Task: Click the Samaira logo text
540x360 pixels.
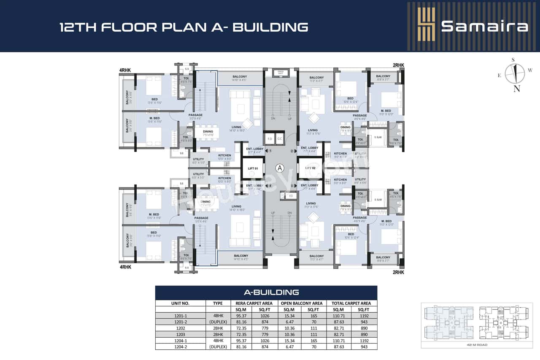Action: (x=484, y=26)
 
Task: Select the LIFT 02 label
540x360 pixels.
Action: (x=310, y=168)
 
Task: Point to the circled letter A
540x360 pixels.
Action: (x=279, y=168)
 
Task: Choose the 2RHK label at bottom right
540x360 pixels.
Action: (x=398, y=272)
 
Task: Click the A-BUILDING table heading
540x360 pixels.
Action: (x=266, y=292)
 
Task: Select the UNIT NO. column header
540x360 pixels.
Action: (x=180, y=303)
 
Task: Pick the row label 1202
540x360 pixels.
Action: (x=180, y=327)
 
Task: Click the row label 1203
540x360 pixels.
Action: (x=180, y=333)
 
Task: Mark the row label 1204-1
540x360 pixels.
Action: (x=180, y=340)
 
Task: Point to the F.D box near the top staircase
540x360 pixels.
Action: (x=269, y=138)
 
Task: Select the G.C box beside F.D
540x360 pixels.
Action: (x=280, y=138)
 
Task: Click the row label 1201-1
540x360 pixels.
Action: (x=180, y=315)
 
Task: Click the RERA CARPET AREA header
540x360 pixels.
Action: (x=253, y=303)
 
